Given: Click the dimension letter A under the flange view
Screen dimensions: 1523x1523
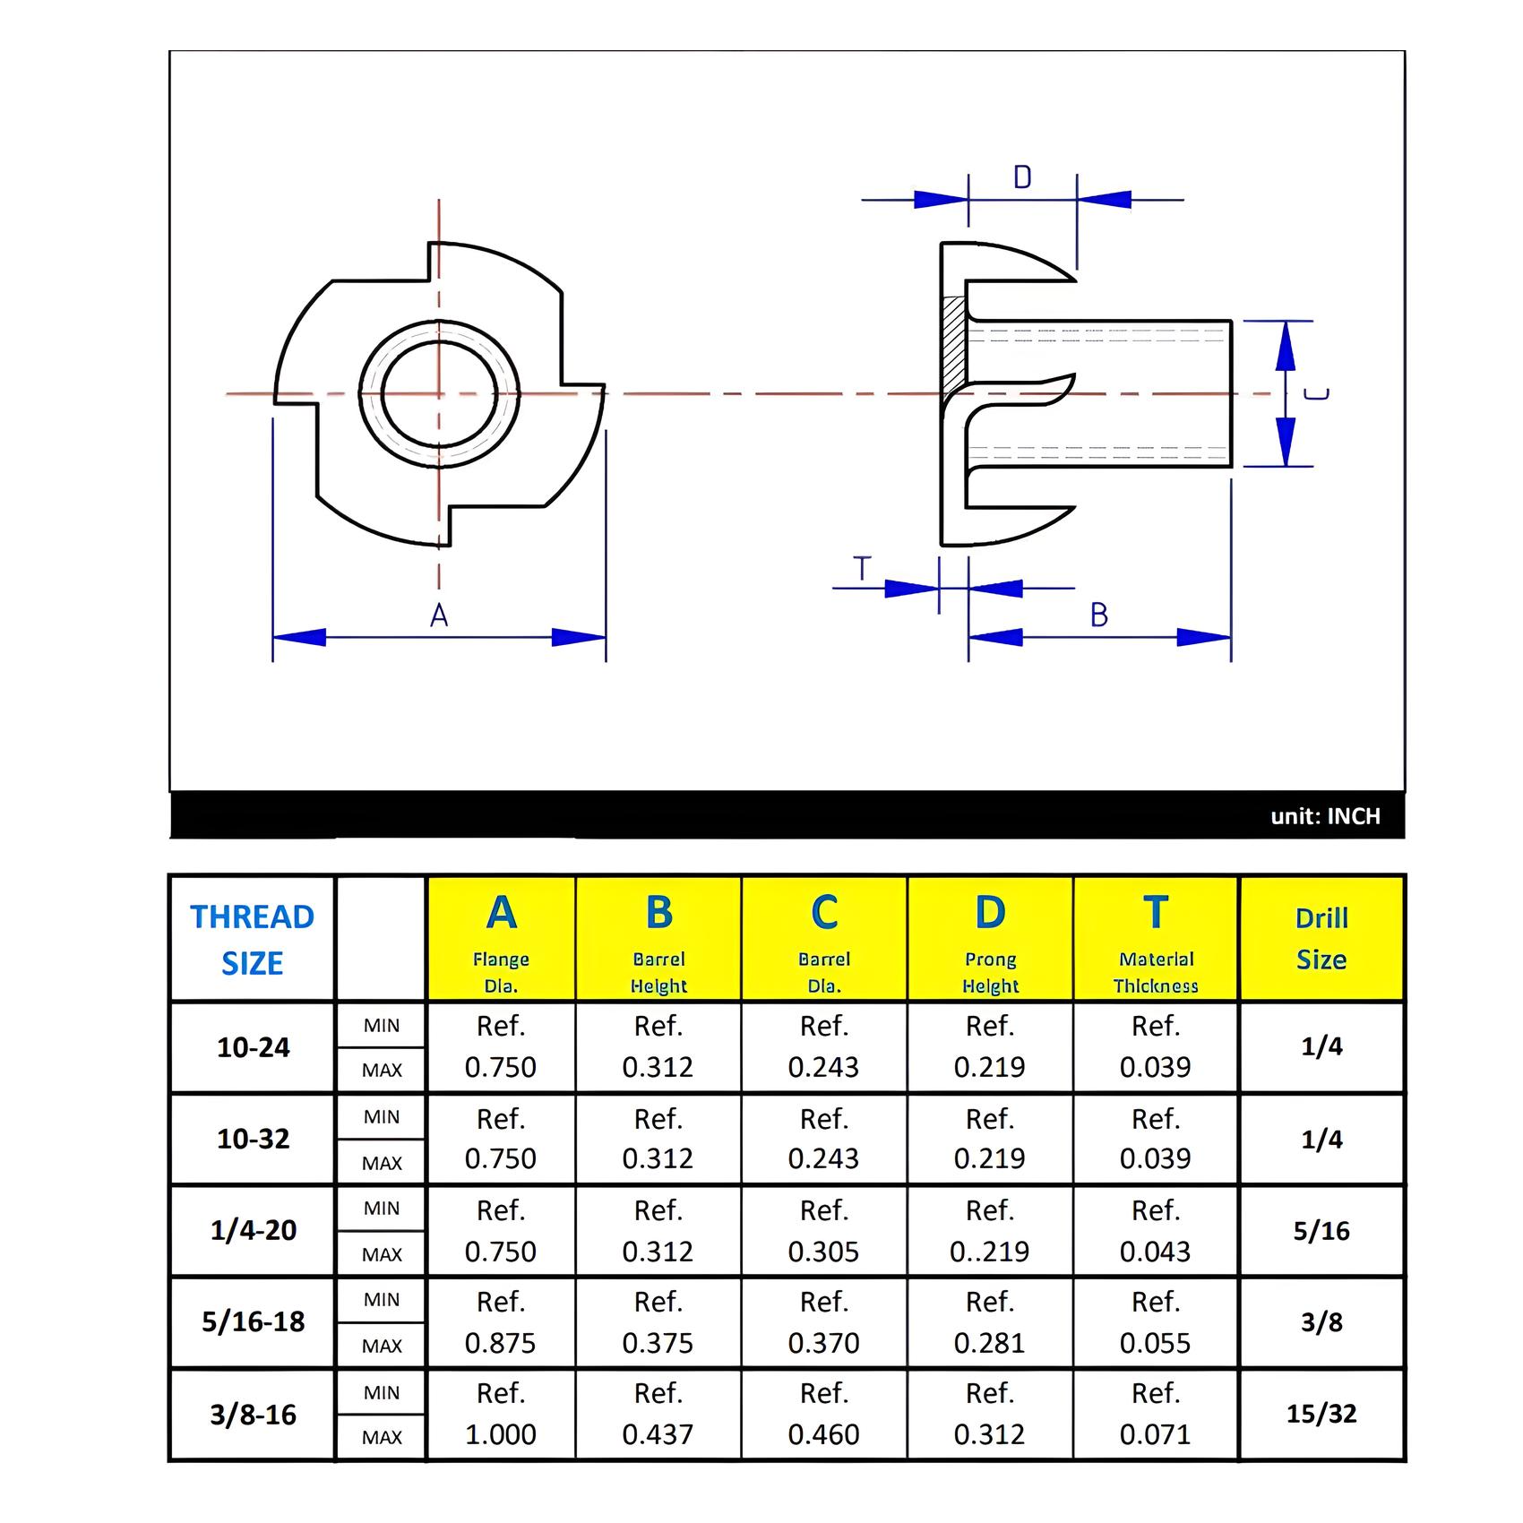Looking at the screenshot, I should (x=438, y=615).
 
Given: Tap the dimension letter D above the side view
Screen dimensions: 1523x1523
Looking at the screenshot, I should (x=1022, y=177).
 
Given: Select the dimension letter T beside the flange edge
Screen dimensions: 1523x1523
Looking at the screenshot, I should (x=862, y=569).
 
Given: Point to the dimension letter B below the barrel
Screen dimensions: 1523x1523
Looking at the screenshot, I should (x=1099, y=615).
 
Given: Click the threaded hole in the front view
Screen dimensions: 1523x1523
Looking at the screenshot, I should (x=439, y=393).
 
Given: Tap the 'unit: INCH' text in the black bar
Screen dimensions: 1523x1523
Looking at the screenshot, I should (x=1325, y=816).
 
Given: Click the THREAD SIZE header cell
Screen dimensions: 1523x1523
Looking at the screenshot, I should (x=253, y=939).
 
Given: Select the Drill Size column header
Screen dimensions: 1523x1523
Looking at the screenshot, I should (x=1321, y=939).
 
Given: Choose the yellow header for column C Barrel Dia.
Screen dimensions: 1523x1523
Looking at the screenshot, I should (x=824, y=939).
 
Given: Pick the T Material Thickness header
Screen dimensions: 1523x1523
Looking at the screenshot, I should (x=1156, y=939).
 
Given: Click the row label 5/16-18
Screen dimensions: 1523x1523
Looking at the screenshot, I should (x=253, y=1321).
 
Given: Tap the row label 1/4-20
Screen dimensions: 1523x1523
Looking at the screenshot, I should (x=253, y=1230).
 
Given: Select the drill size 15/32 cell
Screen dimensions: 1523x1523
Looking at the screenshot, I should (x=1321, y=1414).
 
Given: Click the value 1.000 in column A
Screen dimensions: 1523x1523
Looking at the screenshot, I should (x=501, y=1434).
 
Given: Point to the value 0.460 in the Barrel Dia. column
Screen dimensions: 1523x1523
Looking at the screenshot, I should (x=824, y=1434).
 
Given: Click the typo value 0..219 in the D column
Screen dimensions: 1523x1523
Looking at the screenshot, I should (x=990, y=1252).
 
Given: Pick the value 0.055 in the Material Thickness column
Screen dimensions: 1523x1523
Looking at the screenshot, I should (x=1156, y=1343).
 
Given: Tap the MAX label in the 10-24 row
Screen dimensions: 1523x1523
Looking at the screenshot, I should (x=382, y=1070).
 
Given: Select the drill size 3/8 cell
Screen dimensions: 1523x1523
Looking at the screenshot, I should (x=1321, y=1321).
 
